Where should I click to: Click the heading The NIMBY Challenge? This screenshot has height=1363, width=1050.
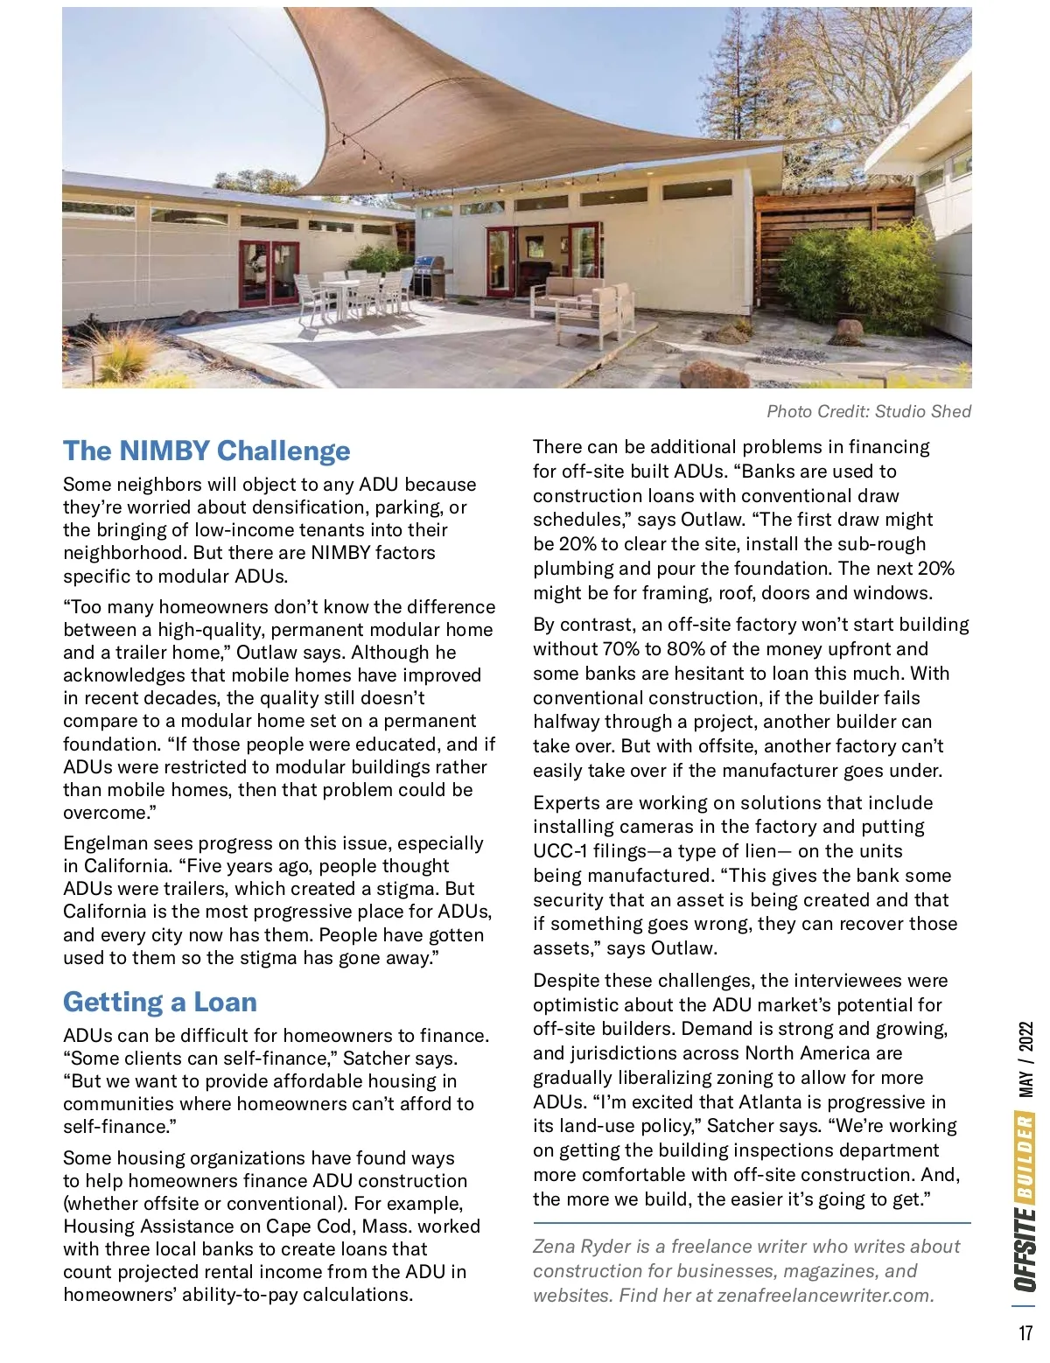click(206, 451)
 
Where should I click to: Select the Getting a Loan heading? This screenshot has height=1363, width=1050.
click(160, 1002)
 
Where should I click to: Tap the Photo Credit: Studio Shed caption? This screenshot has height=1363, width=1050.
click(868, 411)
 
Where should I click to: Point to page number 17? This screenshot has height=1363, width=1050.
click(1025, 1333)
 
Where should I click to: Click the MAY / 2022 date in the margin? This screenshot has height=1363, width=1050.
click(1025, 1058)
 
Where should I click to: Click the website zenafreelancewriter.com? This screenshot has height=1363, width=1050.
click(825, 1296)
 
